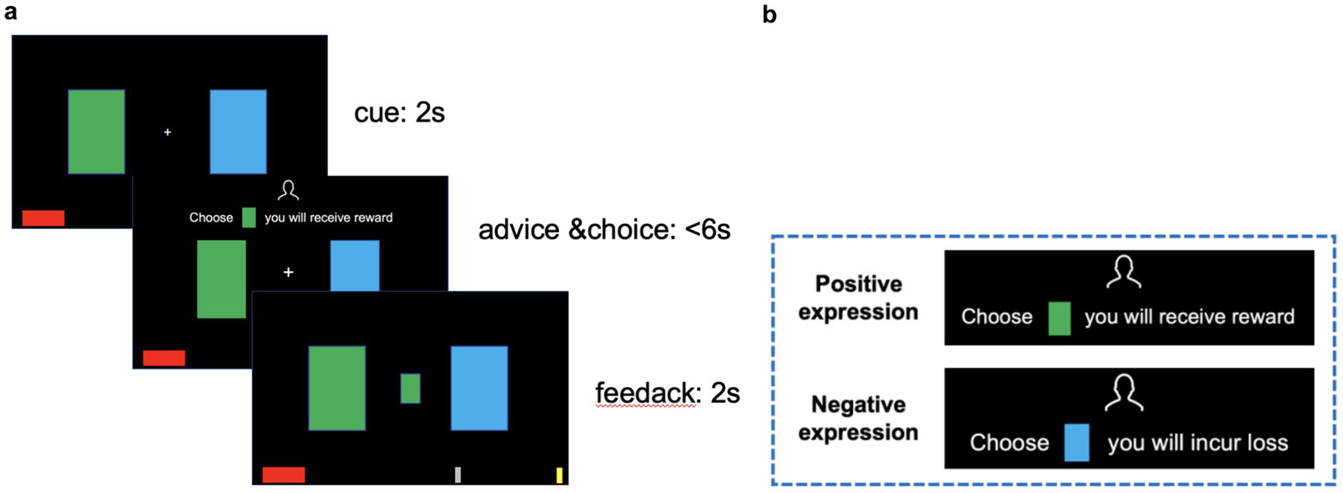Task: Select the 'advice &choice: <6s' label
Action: click(604, 231)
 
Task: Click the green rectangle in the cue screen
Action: click(96, 131)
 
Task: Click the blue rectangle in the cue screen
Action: click(238, 131)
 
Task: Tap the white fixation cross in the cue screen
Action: click(167, 132)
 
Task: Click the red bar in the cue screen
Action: click(43, 218)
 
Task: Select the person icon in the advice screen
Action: click(287, 192)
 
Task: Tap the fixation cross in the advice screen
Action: click(288, 274)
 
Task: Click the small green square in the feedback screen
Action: click(410, 388)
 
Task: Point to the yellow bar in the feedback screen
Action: click(560, 476)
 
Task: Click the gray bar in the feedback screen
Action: click(458, 475)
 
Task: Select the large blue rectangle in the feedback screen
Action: click(479, 388)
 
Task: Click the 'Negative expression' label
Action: click(866, 418)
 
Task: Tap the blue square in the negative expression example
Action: click(1077, 442)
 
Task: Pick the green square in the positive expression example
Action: click(1059, 317)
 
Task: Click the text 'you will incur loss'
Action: click(1197, 442)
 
